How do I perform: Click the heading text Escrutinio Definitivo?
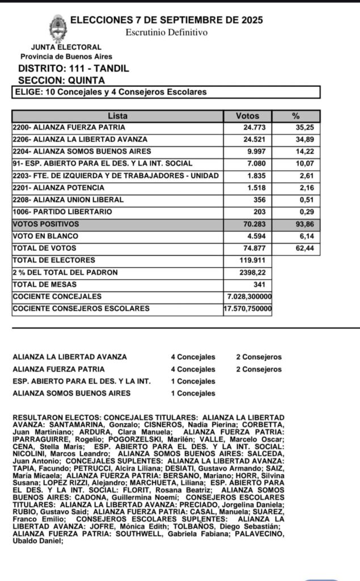[x=166, y=32]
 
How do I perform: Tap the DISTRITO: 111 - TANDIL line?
[x=74, y=69]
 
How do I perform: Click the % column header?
[x=295, y=116]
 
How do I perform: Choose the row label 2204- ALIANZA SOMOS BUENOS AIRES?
[x=82, y=151]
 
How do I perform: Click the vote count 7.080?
[x=257, y=163]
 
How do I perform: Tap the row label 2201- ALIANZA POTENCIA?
[x=58, y=188]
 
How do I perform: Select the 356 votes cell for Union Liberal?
[x=261, y=200]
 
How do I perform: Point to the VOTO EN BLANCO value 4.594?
[x=257, y=236]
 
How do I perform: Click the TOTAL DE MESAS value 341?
[x=261, y=284]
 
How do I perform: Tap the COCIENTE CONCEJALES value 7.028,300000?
[x=248, y=297]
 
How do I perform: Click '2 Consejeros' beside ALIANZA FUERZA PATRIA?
[x=259, y=369]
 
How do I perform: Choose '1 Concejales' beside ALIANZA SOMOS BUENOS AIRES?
[x=193, y=393]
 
